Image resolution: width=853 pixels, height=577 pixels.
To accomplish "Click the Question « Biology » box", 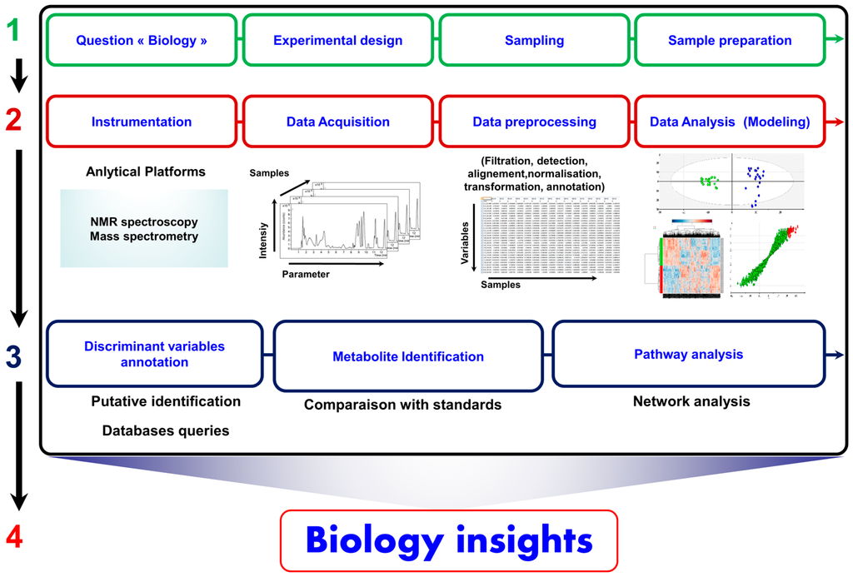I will [x=142, y=40].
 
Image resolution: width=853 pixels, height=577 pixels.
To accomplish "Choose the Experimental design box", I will [x=338, y=40].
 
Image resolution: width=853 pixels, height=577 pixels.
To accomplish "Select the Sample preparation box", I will [x=730, y=40].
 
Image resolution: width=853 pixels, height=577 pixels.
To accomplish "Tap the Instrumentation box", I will [x=142, y=122].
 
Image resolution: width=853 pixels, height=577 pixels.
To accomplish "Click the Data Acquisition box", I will [x=338, y=122].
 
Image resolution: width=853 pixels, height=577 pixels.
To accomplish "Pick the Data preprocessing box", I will [x=534, y=122].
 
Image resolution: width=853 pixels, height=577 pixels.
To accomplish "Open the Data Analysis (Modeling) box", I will [x=730, y=122].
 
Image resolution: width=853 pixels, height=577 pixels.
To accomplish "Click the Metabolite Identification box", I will [x=408, y=356].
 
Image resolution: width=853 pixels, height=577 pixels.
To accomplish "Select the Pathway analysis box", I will [x=688, y=355].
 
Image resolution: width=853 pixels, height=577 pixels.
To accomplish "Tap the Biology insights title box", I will [x=449, y=540].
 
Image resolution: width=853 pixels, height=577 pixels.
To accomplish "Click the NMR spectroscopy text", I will [x=144, y=221].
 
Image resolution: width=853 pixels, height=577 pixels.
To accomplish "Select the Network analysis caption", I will [x=691, y=401].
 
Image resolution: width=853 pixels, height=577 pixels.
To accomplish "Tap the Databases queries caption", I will [x=166, y=430].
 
